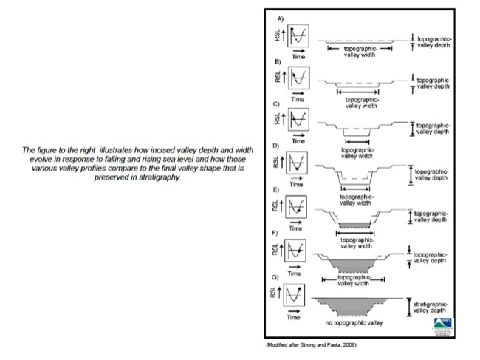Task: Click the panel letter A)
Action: [x=278, y=17]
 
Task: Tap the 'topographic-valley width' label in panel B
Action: [x=359, y=101]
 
